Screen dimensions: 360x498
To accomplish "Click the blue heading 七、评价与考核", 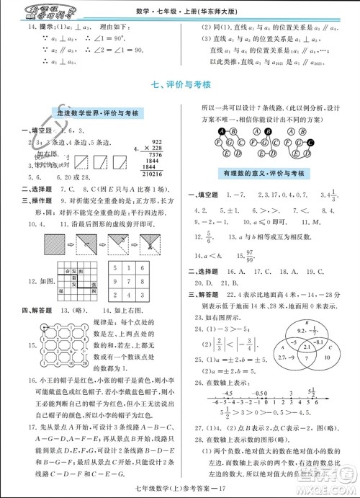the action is click(181, 84).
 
